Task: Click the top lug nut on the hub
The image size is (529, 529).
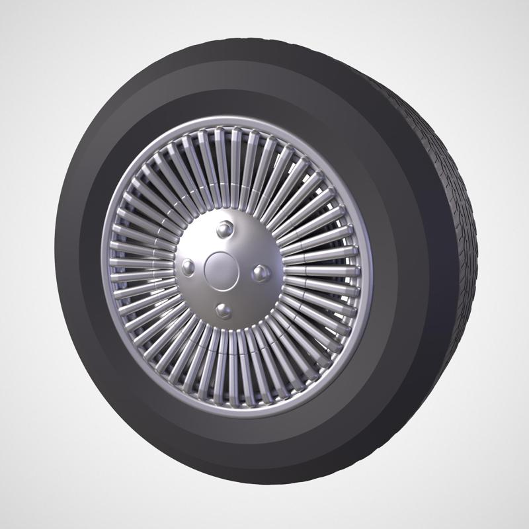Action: coord(225,229)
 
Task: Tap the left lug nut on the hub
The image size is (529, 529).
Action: coord(188,266)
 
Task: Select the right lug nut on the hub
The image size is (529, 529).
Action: coord(261,271)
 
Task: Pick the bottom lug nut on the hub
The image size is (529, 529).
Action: coord(224,309)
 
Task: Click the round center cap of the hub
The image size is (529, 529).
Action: coord(222,268)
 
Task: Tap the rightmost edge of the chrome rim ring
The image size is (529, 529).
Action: coord(370,271)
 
